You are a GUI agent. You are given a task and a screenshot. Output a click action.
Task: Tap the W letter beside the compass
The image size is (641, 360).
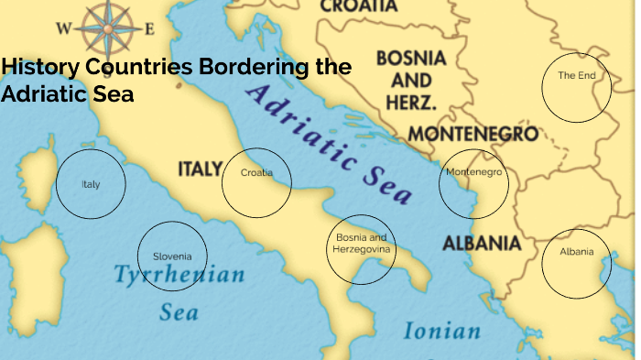pyautogui.click(x=63, y=28)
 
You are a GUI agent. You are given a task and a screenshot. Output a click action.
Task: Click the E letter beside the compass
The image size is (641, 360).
pyautogui.click(x=149, y=28)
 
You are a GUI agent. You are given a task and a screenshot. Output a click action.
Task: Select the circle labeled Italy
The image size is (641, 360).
pyautogui.click(x=90, y=184)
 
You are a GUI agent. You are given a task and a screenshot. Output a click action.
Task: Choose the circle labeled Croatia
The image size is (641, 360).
pyautogui.click(x=256, y=182)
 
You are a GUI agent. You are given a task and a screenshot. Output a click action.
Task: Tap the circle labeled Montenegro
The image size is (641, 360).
pyautogui.click(x=473, y=183)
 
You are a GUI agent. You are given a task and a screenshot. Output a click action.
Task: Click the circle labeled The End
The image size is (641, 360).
pyautogui.click(x=576, y=86)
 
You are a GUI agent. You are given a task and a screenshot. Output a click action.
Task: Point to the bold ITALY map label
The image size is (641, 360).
pyautogui.click(x=200, y=169)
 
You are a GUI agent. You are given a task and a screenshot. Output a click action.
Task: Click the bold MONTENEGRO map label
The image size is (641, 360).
pyautogui.click(x=472, y=134)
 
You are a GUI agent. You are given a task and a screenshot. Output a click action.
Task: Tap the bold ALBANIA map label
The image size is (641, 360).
pyautogui.click(x=482, y=243)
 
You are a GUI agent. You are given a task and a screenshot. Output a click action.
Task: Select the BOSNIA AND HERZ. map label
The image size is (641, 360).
pyautogui.click(x=411, y=79)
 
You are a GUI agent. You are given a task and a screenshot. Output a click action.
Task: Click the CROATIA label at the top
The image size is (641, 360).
pyautogui.click(x=359, y=6)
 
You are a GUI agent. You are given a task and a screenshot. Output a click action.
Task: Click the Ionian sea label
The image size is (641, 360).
pyautogui.click(x=441, y=331)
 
